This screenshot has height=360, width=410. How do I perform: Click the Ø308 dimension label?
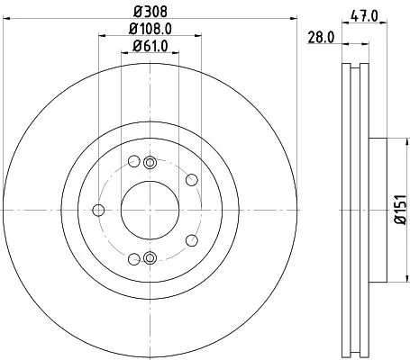click(x=150, y=13)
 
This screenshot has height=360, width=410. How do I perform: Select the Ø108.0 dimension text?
click(x=150, y=29)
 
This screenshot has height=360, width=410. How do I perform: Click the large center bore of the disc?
click(x=150, y=210)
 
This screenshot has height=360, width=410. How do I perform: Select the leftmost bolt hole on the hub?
click(x=98, y=211)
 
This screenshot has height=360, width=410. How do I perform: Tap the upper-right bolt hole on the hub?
click(x=192, y=180)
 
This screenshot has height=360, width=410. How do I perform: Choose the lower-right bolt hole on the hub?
click(x=192, y=240)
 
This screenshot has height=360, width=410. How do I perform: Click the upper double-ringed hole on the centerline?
click(x=150, y=161)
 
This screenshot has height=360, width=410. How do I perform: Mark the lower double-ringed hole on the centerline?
click(x=150, y=259)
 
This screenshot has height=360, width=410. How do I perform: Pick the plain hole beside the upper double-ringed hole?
click(x=134, y=163)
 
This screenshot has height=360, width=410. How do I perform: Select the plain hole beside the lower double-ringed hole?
click(x=134, y=258)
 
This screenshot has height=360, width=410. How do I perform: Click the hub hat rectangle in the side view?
click(x=376, y=210)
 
